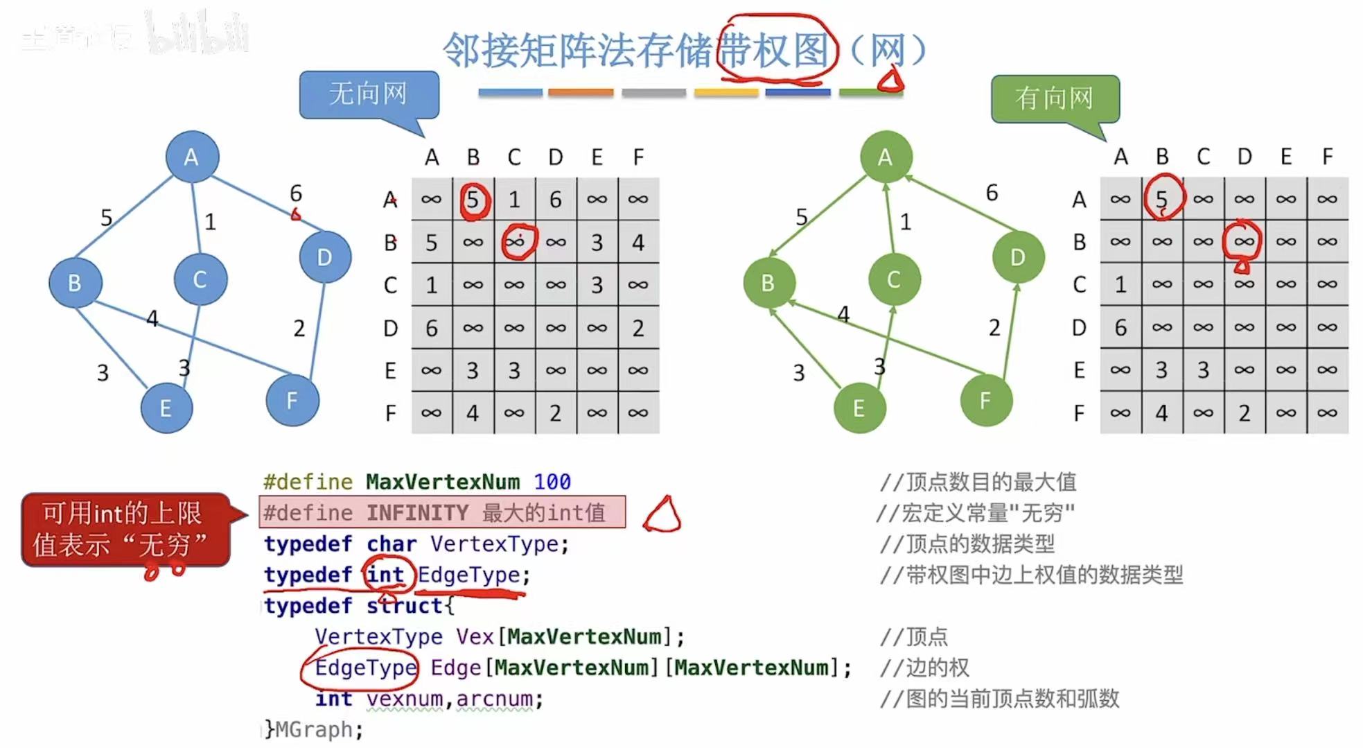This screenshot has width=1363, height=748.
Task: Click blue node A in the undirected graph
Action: (192, 157)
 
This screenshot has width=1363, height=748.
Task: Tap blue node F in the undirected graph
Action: (292, 400)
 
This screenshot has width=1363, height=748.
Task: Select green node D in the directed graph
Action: (1017, 257)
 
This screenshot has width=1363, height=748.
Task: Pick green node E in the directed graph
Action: (859, 408)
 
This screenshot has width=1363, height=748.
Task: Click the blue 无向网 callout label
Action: (369, 94)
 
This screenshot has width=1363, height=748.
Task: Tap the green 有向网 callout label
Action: (1055, 98)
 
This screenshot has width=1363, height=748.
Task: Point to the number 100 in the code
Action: (552, 481)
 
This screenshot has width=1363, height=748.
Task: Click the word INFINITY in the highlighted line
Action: (417, 513)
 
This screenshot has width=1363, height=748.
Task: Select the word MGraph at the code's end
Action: (318, 729)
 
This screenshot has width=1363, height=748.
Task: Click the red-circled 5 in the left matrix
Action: (473, 200)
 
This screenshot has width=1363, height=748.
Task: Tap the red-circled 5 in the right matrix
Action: (1162, 199)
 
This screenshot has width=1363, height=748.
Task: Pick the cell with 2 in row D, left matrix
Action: (638, 328)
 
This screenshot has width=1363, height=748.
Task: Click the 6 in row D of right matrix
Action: (1120, 327)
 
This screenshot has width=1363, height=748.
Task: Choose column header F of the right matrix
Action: (1327, 157)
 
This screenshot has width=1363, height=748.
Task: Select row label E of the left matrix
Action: (390, 371)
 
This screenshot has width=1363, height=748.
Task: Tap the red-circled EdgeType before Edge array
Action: (365, 668)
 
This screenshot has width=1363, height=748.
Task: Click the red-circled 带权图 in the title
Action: (774, 50)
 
